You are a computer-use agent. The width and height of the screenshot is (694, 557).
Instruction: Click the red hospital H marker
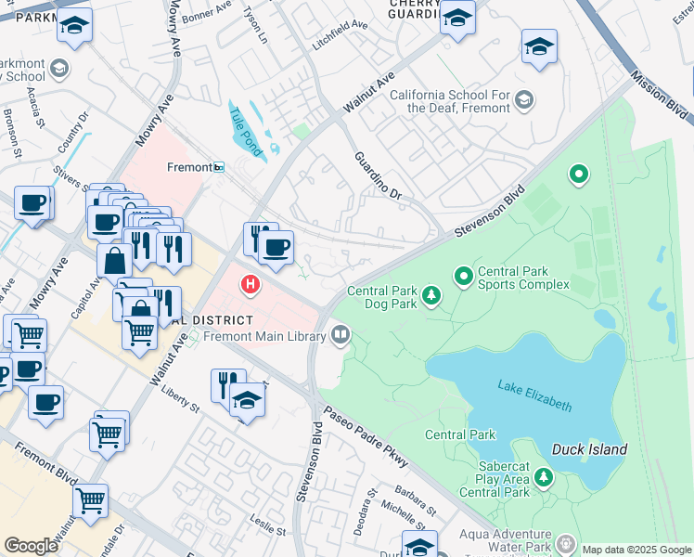coord(250,284)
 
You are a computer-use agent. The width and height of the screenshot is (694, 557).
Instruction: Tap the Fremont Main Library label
coord(262,336)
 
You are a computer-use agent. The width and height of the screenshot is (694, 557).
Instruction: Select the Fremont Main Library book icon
coord(341,334)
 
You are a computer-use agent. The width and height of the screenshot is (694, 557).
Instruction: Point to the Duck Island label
coord(589,449)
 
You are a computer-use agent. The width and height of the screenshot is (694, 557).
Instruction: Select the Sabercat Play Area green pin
coord(544,479)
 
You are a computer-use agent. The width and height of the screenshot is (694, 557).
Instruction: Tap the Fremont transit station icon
coord(219,167)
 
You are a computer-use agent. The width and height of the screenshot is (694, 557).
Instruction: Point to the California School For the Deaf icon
coord(523,100)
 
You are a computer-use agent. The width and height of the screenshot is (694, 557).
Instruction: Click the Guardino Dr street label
coord(379,175)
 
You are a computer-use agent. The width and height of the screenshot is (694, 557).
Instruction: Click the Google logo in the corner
coord(32,545)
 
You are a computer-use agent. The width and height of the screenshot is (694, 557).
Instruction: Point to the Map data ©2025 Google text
coord(636,550)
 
